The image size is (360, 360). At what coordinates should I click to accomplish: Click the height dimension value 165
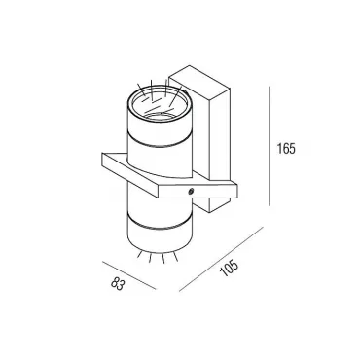pyautogui.click(x=286, y=149)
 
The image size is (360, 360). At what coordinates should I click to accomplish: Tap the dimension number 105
pyautogui.click(x=229, y=268)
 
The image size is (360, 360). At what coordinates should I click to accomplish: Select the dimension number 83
pyautogui.click(x=118, y=284)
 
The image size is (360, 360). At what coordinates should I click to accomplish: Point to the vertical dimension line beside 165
pyautogui.click(x=270, y=146)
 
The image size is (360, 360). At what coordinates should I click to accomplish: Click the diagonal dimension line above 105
pyautogui.click(x=221, y=259)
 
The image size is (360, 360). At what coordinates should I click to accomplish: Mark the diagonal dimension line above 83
pyautogui.click(x=129, y=275)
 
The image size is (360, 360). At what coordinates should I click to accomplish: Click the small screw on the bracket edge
pyautogui.click(x=191, y=192)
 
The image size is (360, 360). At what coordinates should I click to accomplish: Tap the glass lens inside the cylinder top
pyautogui.click(x=159, y=103)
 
